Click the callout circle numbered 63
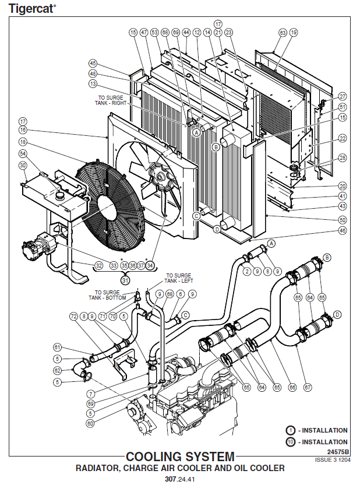[283, 33]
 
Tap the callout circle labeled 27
[342, 96]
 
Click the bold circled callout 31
[125, 279]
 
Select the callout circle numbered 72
[74, 317]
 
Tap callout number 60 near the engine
[90, 423]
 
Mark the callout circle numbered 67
[308, 387]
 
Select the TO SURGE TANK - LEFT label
[178, 278]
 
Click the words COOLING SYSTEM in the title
[180, 457]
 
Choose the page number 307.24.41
[179, 480]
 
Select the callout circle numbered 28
[342, 158]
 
